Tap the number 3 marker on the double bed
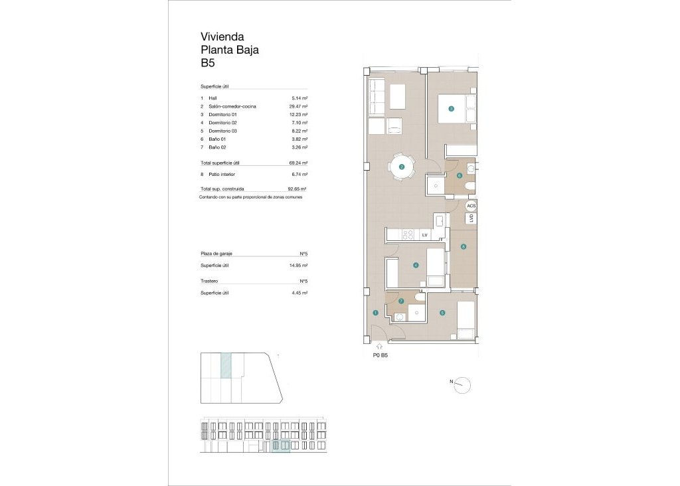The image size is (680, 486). pyautogui.click(x=451, y=110)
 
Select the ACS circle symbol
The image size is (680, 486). pyautogui.click(x=471, y=206)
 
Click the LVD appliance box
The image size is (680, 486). pyautogui.click(x=471, y=218)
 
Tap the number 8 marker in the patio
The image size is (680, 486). pyautogui.click(x=464, y=247)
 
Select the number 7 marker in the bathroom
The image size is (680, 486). pyautogui.click(x=401, y=301)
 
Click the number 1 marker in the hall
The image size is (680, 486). pyautogui.click(x=375, y=313)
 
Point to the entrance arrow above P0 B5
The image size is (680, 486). pyautogui.click(x=379, y=346)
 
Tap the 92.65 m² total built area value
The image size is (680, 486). pyautogui.click(x=297, y=189)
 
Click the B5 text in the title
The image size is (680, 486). pyautogui.click(x=208, y=64)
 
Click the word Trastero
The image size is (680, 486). pyautogui.click(x=210, y=282)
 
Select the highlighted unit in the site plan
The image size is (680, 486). pyautogui.click(x=226, y=366)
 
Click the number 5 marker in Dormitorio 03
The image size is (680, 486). pyautogui.click(x=442, y=313)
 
